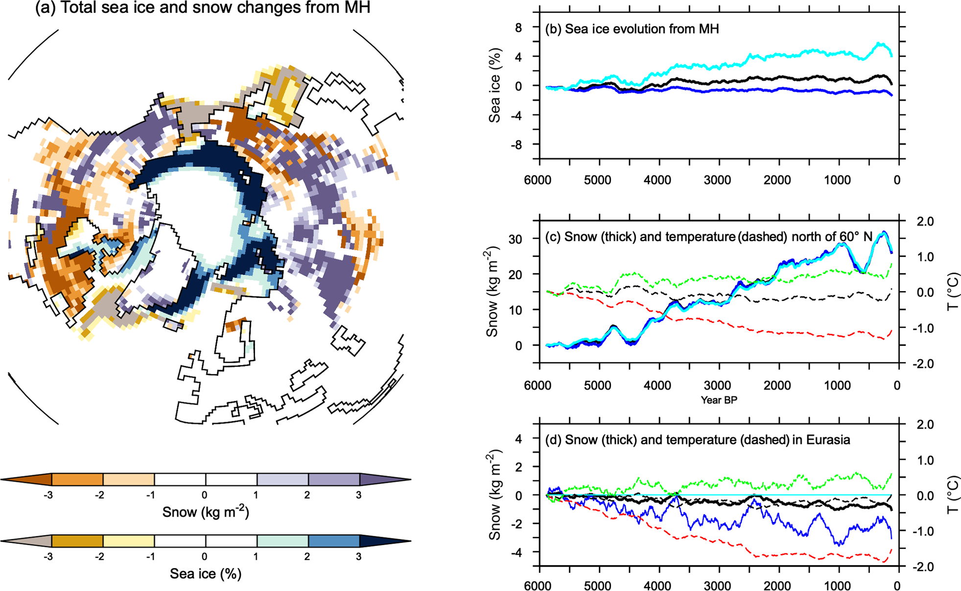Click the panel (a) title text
point(203,8)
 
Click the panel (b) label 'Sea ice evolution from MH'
point(632,29)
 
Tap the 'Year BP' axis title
point(719,400)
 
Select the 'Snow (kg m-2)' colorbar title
point(206,512)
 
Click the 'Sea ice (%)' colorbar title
point(206,573)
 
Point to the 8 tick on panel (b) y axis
point(518,28)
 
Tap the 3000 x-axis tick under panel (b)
point(717,180)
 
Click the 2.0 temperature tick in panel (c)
point(924,222)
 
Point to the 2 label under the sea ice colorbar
point(307,556)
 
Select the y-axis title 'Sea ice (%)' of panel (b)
point(495,86)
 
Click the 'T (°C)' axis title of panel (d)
point(953,495)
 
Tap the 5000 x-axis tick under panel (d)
point(597,586)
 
